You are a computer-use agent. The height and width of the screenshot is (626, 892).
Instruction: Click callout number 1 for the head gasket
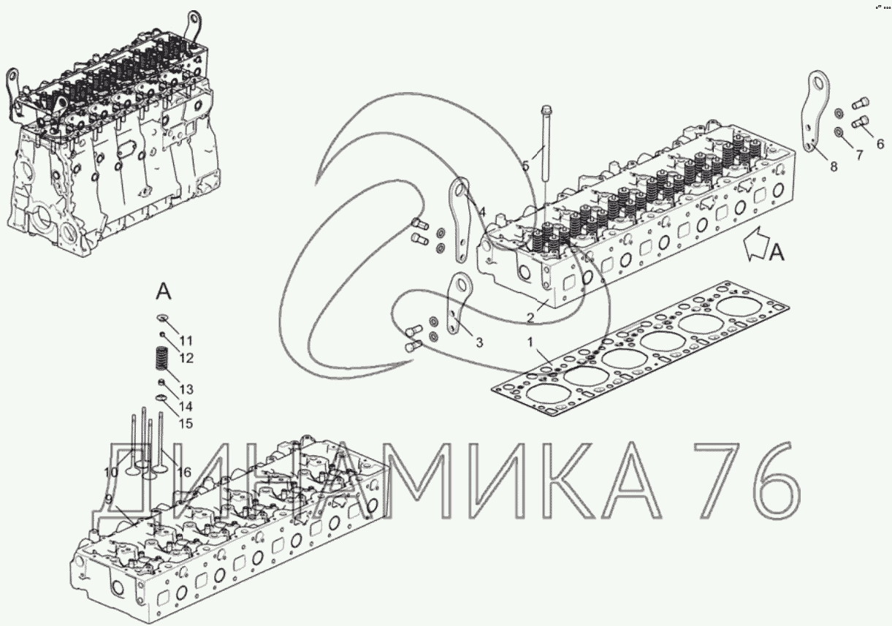coord(530,342)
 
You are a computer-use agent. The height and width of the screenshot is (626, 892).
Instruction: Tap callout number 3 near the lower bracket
coord(479,343)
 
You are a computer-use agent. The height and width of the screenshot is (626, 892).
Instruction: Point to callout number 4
coord(482,213)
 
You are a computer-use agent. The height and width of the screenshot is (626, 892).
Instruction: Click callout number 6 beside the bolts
coord(880,143)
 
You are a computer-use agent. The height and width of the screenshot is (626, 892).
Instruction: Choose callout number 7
coord(859,155)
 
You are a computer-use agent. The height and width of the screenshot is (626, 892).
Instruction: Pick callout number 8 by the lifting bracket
coord(834,167)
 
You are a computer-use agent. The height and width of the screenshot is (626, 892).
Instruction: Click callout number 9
coord(107,500)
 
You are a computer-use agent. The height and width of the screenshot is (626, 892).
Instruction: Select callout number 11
coord(186,341)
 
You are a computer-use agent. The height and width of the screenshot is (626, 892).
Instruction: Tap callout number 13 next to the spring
coord(186,389)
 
